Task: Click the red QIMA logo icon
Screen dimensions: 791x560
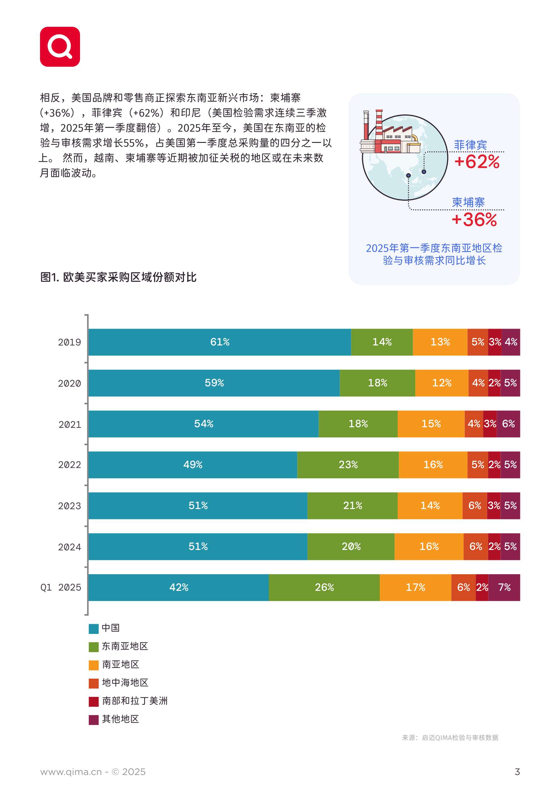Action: point(60,47)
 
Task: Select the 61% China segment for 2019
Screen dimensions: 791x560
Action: point(220,342)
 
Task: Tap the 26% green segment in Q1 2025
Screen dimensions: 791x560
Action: point(324,587)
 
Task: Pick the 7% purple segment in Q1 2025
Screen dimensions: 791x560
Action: point(504,587)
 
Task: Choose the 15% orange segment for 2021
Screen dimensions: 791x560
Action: point(431,424)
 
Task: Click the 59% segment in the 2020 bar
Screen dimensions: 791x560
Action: point(214,383)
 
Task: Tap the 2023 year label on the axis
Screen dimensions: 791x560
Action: point(69,506)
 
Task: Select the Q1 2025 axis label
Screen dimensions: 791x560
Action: point(61,587)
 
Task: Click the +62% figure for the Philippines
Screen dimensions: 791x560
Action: point(477,162)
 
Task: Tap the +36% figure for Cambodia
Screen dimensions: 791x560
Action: point(474,220)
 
